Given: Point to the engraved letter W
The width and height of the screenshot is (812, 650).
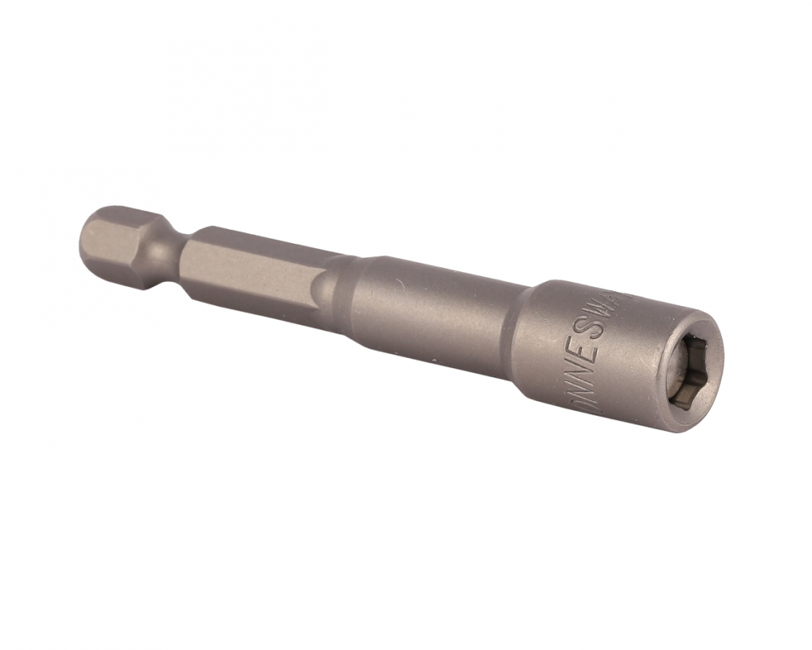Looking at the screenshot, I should pyautogui.click(x=598, y=311).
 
